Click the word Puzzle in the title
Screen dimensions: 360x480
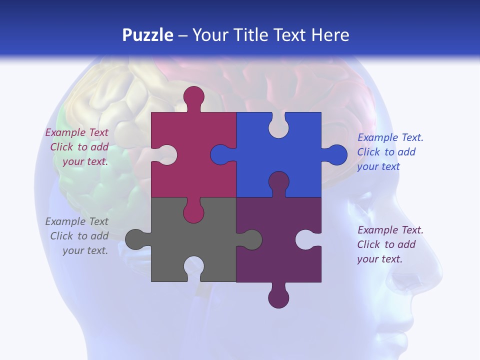(x=147, y=35)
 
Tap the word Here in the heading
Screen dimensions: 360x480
(x=330, y=35)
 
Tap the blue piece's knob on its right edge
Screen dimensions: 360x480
(x=336, y=155)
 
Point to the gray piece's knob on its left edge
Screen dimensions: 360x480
(x=136, y=239)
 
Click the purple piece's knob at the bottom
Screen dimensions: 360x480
(x=278, y=297)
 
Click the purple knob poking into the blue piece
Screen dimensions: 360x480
(x=278, y=182)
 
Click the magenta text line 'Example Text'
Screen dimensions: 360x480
(x=76, y=132)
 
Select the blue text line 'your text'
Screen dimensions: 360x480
(x=378, y=166)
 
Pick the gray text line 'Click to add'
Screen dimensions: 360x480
(x=79, y=236)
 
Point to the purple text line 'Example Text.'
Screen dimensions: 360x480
(x=390, y=230)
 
